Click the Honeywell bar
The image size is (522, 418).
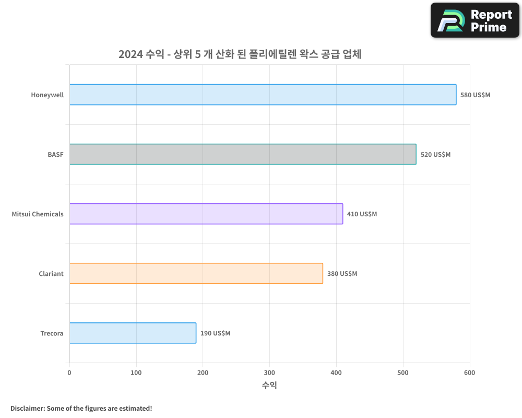click(263, 95)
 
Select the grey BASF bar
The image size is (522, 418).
click(243, 154)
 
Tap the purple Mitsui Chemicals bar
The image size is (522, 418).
click(206, 214)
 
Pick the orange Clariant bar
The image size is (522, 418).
click(196, 273)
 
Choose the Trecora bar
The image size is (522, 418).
click(133, 333)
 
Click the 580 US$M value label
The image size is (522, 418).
click(475, 95)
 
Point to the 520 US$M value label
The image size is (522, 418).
click(435, 155)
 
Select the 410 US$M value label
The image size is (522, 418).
click(362, 214)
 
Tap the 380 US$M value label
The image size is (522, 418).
click(342, 274)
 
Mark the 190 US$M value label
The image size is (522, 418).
click(215, 333)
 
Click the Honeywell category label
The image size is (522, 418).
click(47, 95)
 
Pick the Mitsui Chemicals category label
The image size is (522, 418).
click(38, 214)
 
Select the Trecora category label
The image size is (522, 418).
click(52, 333)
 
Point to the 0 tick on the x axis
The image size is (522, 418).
click(69, 373)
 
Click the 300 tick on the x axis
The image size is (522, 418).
click(269, 373)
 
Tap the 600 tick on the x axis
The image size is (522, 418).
click(469, 373)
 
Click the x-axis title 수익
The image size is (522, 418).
click(269, 386)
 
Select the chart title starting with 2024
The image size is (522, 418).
click(240, 54)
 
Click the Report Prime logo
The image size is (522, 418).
click(475, 20)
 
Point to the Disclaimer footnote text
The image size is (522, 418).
click(81, 408)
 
